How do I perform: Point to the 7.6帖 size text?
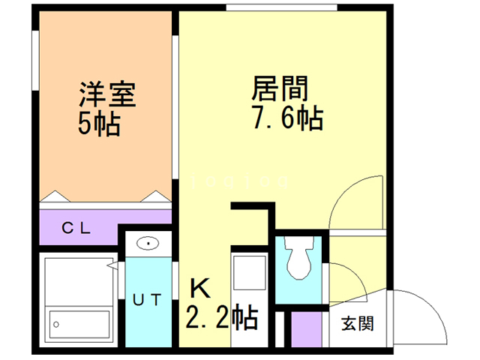(x=287, y=118)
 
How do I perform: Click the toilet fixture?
(x=299, y=262)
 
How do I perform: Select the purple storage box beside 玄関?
(x=304, y=329)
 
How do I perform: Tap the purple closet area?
(x=105, y=225)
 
